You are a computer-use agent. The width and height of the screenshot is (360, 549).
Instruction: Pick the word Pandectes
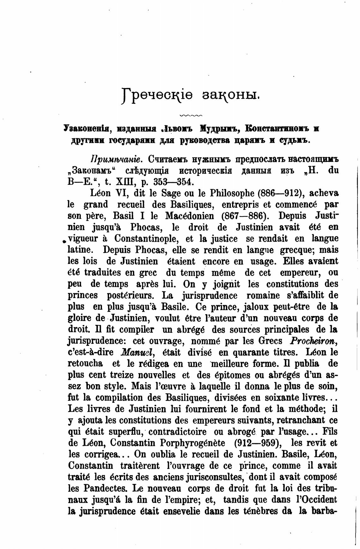click(x=106, y=488)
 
